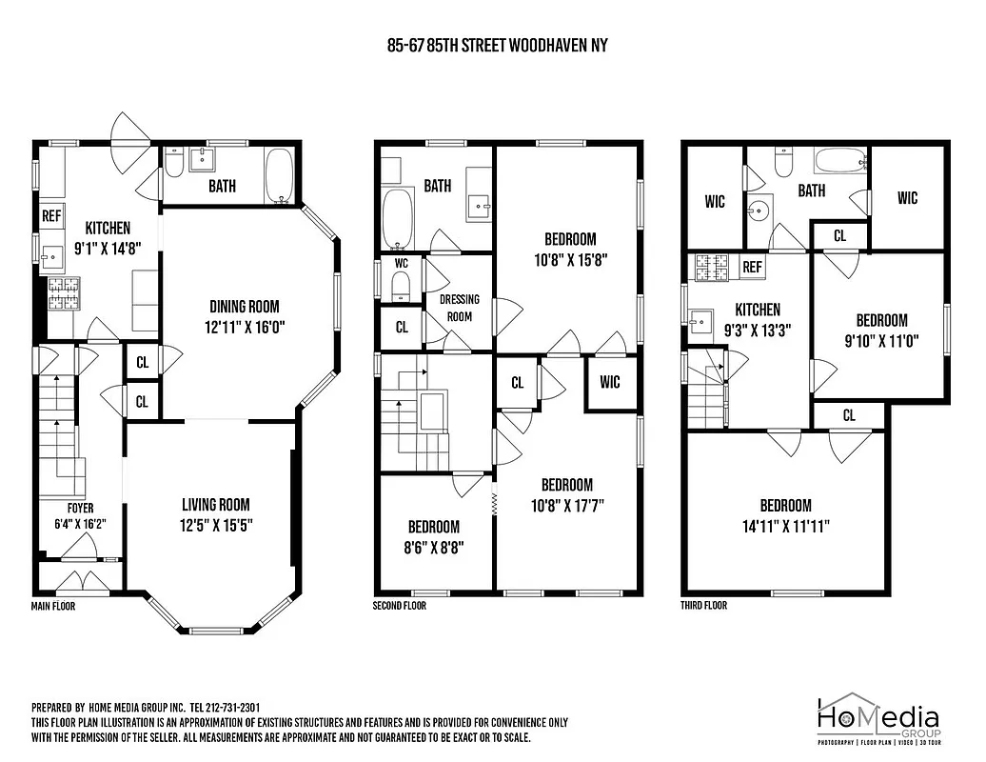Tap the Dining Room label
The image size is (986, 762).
(245, 307)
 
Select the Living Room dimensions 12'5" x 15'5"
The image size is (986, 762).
(216, 524)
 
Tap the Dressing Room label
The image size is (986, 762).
(460, 308)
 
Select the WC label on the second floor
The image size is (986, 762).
(401, 262)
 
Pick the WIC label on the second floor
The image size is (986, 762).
(610, 382)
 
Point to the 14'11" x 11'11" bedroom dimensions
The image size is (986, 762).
(785, 525)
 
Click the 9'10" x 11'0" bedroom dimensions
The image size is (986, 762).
(881, 339)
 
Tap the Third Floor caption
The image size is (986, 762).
(704, 606)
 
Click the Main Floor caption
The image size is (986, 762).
(52, 606)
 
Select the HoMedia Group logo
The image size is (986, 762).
(878, 719)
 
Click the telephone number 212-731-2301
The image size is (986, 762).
(233, 708)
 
